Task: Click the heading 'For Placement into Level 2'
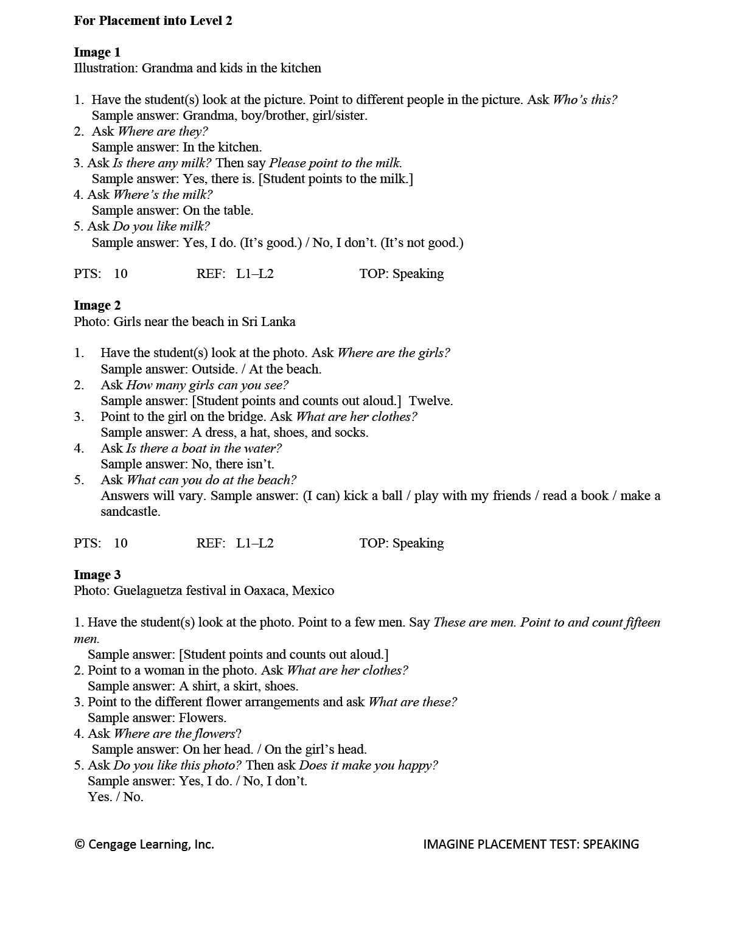point(153,21)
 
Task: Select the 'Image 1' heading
point(97,52)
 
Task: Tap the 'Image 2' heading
point(97,305)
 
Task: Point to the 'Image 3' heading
point(97,575)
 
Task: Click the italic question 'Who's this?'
point(584,100)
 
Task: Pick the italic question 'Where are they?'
point(162,131)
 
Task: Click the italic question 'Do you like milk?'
point(161,226)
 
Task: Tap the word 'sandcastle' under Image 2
point(130,512)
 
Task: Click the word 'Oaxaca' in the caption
point(266,591)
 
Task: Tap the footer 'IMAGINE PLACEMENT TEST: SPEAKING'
point(531,844)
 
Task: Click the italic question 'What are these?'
point(413,702)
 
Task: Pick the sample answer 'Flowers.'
point(202,718)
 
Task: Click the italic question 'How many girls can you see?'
point(207,385)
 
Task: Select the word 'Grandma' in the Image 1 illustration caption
point(167,68)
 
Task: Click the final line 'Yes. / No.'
point(116,797)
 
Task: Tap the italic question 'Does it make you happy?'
point(368,765)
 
